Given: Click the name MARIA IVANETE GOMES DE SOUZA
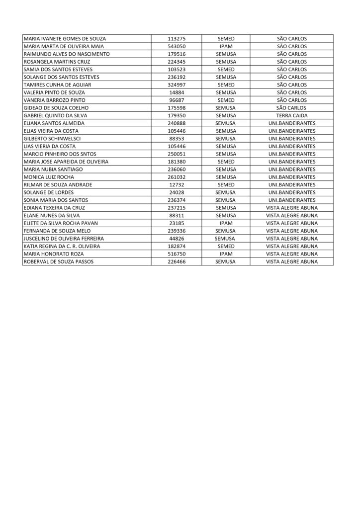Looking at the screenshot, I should (x=65, y=39).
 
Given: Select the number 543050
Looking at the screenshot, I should (x=177, y=46).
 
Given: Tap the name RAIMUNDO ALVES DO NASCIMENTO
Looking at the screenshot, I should (x=67, y=54).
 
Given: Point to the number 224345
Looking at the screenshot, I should (x=177, y=62).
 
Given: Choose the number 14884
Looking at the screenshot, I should (x=177, y=92).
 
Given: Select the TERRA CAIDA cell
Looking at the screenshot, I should (x=292, y=115).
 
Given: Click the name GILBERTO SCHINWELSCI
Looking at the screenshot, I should (x=52, y=139).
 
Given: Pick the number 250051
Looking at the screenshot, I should (x=177, y=154).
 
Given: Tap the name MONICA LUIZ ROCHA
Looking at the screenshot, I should (x=49, y=177).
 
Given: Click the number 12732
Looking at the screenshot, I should (x=177, y=185).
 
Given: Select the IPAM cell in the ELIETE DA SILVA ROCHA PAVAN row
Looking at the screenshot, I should (x=226, y=223).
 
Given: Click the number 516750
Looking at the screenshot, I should (x=177, y=254).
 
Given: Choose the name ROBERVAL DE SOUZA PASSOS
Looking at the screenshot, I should (x=58, y=261).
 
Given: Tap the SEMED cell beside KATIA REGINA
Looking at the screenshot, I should (x=226, y=246).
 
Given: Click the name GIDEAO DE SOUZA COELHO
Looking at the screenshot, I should (x=56, y=108).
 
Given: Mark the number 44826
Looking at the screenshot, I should (x=177, y=239).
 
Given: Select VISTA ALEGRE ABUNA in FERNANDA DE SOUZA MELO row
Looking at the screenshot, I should (x=292, y=231).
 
